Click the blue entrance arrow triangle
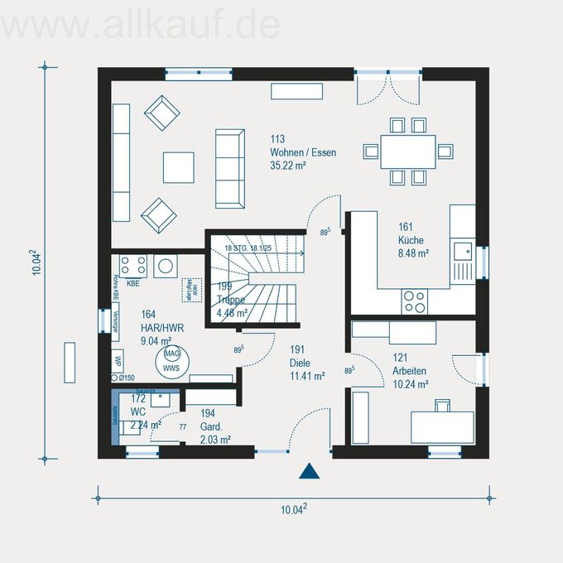(309, 472)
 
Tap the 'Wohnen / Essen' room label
(302, 152)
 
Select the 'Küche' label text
(411, 240)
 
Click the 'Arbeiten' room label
(410, 370)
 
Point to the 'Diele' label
(300, 363)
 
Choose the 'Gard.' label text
(211, 426)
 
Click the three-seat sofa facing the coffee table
(229, 168)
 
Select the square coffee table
(178, 166)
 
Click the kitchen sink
(461, 249)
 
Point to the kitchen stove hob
(414, 299)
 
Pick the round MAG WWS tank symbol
(171, 360)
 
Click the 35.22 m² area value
(288, 166)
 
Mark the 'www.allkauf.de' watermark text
(141, 25)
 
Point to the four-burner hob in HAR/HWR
(133, 265)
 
